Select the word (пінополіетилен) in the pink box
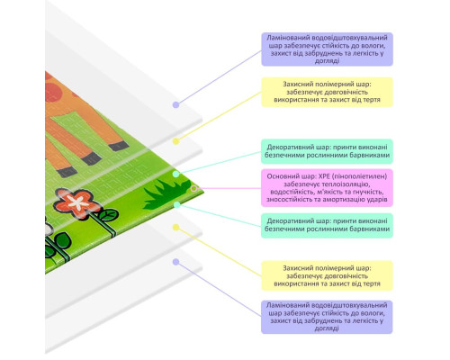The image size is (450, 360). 360,176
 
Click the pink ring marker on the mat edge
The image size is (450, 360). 194,188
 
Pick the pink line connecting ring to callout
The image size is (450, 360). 229,188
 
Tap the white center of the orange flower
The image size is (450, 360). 78,202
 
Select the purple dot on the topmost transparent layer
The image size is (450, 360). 176,104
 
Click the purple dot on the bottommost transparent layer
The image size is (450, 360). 176,262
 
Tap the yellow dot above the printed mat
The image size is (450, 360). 176,141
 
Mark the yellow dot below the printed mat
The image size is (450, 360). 176,228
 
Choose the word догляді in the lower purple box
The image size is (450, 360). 327,328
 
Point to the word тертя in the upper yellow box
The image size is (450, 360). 372,99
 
